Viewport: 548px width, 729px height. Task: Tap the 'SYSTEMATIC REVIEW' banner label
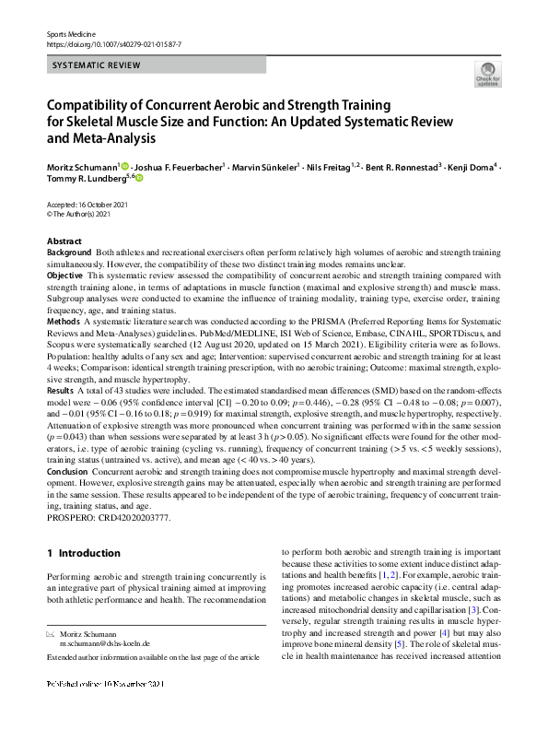[97, 65]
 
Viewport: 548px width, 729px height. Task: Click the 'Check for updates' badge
[486, 75]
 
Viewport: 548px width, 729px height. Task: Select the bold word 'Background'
[69, 253]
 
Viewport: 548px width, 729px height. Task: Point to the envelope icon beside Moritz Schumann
[51, 635]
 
